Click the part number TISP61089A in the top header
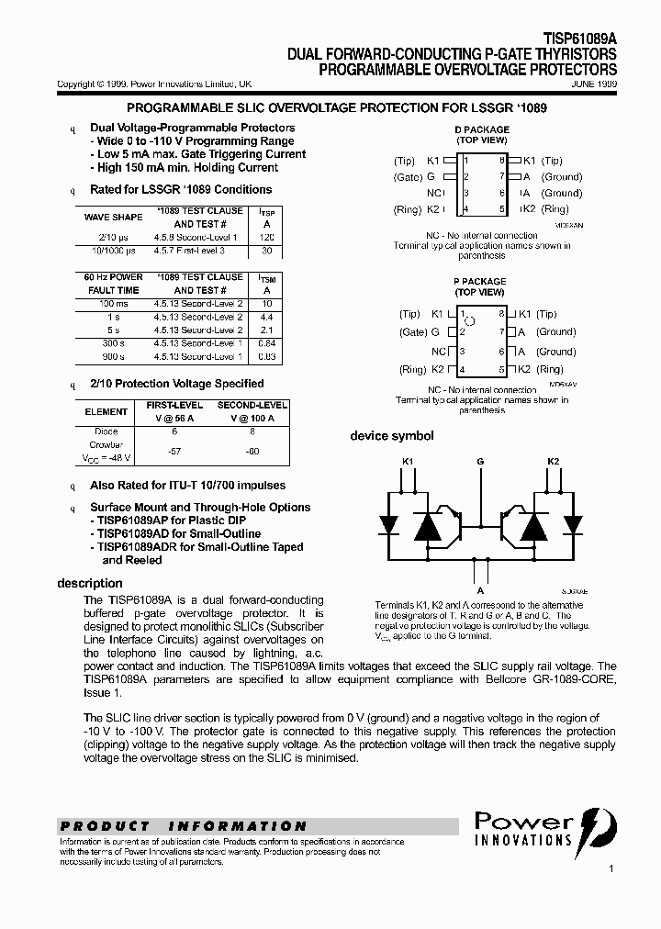point(580,40)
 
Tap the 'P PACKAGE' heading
point(479,282)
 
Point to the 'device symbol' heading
point(391,436)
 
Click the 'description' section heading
point(90,583)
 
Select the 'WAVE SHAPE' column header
point(113,218)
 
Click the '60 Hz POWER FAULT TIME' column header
point(113,284)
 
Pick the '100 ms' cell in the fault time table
point(113,303)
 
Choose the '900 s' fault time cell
point(113,356)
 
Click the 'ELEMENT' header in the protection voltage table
point(106,412)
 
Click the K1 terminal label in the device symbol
point(408,461)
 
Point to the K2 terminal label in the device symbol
point(553,461)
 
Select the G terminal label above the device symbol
point(480,461)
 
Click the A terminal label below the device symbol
point(480,591)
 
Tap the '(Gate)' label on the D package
point(408,177)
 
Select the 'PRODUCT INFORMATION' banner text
point(183,826)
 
